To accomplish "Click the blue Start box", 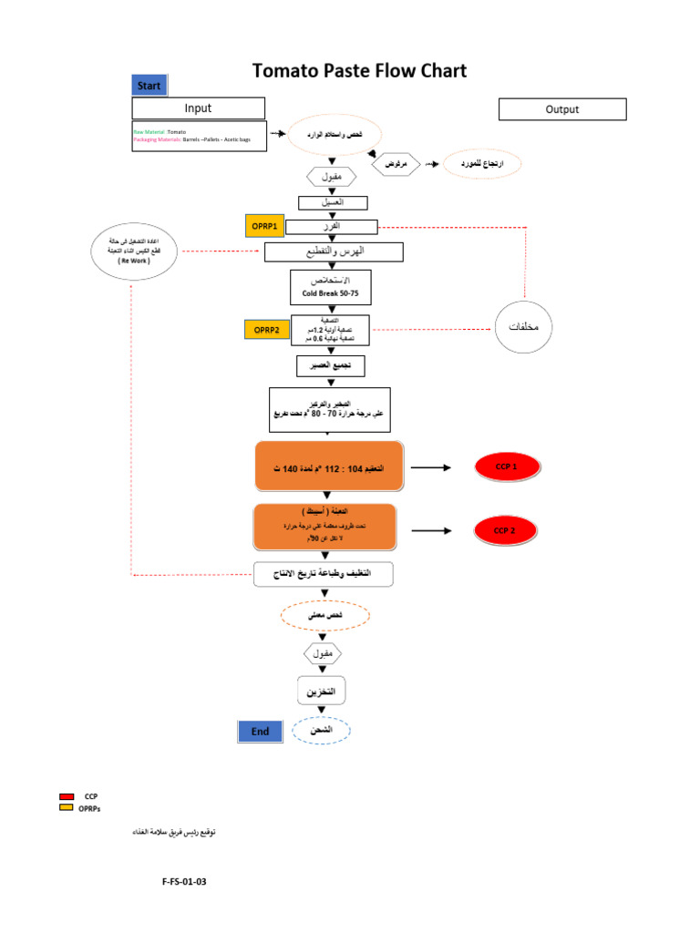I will click(149, 86).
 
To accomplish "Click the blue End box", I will click(260, 731).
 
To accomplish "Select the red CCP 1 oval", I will click(506, 468).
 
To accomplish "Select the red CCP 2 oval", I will click(505, 530).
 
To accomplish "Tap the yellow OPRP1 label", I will click(265, 226).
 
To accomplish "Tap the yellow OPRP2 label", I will click(266, 330).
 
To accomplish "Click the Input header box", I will click(198, 108).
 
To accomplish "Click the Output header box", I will click(562, 109).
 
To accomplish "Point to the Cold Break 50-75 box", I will click(331, 287).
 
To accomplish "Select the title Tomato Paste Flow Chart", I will click(359, 71).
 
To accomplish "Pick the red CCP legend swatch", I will click(67, 796).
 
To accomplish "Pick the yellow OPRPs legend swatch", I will click(67, 807).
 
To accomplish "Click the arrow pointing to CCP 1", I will click(430, 467).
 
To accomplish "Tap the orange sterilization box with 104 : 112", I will click(329, 468).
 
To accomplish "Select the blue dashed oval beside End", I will click(321, 731).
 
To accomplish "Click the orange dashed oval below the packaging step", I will click(324, 617).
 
